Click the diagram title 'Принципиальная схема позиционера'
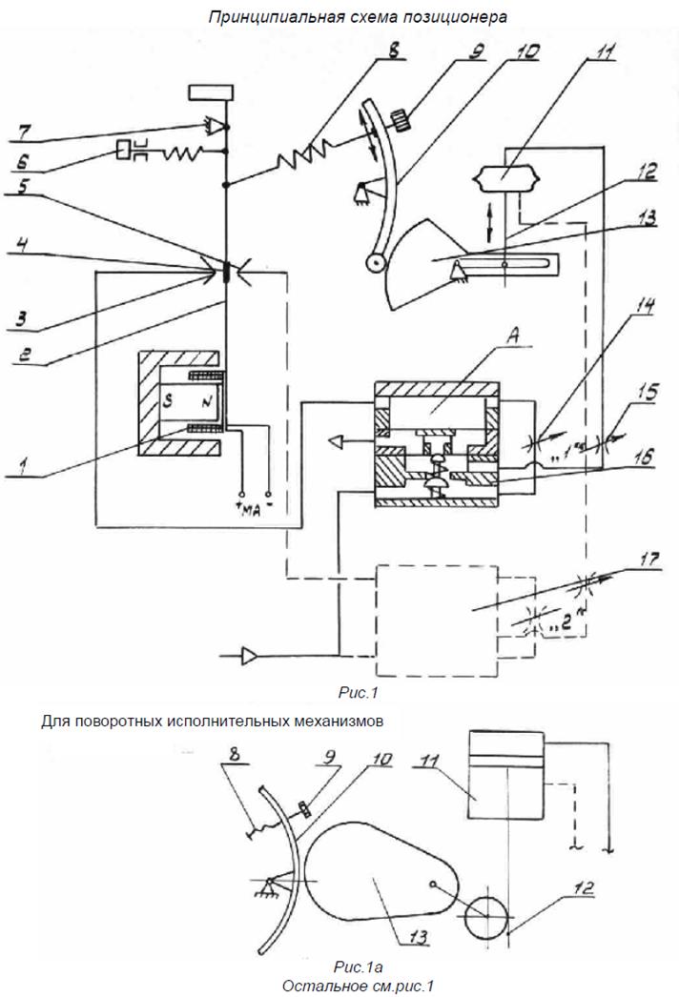(x=359, y=16)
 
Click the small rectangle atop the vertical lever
(x=212, y=92)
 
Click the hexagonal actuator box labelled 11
(x=504, y=178)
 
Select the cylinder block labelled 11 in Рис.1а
(x=506, y=774)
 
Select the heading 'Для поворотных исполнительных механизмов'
(x=213, y=722)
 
